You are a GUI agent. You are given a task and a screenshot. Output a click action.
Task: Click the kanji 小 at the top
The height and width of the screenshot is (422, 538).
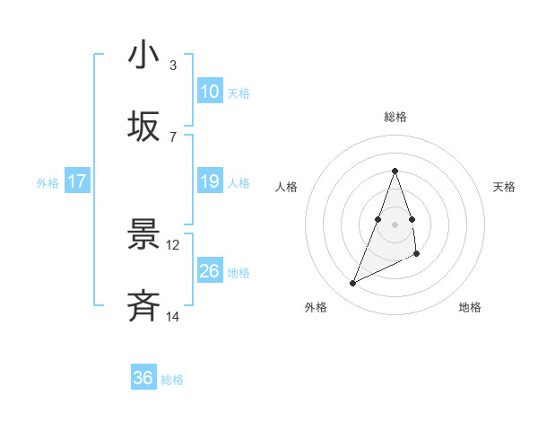[x=143, y=56]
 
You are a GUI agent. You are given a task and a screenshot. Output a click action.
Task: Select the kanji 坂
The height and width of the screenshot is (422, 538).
[x=143, y=127]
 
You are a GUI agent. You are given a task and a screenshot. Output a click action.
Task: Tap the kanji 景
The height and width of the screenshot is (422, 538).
[x=143, y=236]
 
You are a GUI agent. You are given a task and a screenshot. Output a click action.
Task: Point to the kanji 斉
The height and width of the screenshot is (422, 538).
[x=143, y=307]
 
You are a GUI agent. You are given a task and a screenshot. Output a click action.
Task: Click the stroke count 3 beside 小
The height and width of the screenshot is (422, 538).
[x=172, y=66]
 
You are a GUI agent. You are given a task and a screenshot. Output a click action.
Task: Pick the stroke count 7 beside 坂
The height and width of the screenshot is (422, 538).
[x=172, y=136]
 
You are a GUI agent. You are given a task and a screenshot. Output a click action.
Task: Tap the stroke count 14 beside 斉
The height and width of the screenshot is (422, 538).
[x=172, y=316]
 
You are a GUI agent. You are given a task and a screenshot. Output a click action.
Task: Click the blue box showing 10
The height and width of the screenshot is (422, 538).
[x=210, y=92]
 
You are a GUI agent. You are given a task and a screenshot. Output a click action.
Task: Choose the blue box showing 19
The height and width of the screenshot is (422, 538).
[x=210, y=181]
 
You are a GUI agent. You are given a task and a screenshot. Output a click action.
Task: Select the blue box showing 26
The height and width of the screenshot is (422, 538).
[x=210, y=271]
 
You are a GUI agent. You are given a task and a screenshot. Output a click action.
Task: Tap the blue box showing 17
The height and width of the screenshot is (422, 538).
[x=77, y=181]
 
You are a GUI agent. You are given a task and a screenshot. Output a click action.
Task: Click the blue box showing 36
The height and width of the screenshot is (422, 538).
[x=143, y=378]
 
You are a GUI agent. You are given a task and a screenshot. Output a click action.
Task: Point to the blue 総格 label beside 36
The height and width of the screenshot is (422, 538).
[x=172, y=380]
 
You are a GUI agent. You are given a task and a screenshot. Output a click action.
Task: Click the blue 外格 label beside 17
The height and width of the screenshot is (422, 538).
[x=48, y=183]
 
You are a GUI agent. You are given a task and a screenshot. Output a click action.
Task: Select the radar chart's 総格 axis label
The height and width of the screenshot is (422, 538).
[x=395, y=118]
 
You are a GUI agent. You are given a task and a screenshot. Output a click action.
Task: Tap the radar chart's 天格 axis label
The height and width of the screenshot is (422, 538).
[x=504, y=187]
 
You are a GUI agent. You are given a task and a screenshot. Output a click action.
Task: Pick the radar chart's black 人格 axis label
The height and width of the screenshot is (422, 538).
[x=287, y=187]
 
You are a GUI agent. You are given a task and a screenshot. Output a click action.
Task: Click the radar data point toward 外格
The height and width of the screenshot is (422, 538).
[x=353, y=283]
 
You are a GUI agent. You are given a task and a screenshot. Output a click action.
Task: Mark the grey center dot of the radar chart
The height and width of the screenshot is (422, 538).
[x=395, y=224]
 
